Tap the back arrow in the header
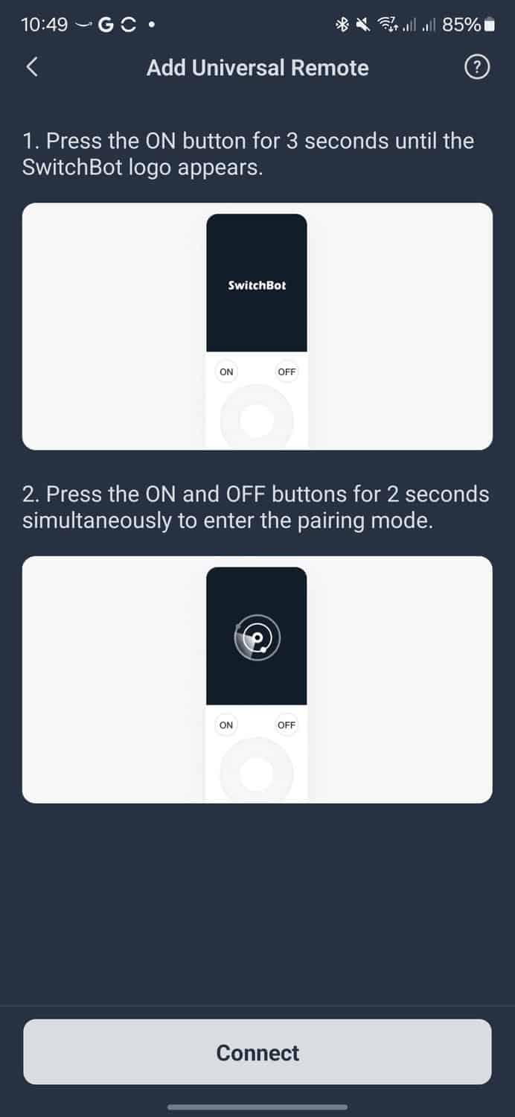click(x=32, y=67)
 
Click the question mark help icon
click(x=477, y=67)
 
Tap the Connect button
click(x=257, y=1053)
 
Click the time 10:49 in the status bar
click(x=45, y=24)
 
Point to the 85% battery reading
click(x=461, y=24)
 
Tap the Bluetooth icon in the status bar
click(x=342, y=24)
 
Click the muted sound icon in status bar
click(x=363, y=24)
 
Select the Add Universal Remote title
click(x=257, y=68)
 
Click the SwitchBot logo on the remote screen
click(x=257, y=285)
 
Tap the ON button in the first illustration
click(x=226, y=372)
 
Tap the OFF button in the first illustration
click(x=287, y=372)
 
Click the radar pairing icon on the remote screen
click(x=257, y=637)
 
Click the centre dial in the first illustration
click(x=257, y=420)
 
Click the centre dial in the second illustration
click(x=257, y=772)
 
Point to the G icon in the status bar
click(x=106, y=24)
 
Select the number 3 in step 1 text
click(x=292, y=141)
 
